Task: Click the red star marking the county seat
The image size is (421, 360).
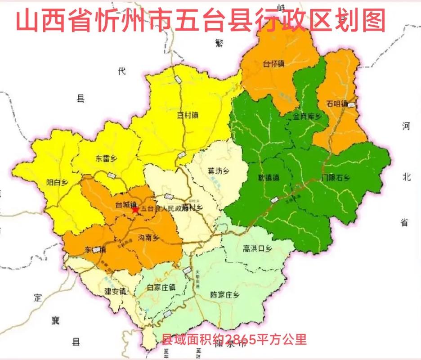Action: pos(134,210)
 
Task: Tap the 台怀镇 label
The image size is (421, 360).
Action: pos(273,64)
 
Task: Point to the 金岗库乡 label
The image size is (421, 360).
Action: pos(308,117)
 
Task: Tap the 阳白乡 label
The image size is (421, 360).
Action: pos(57,182)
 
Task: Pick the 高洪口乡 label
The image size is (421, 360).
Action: pos(257,248)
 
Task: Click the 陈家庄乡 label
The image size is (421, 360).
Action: pos(225,295)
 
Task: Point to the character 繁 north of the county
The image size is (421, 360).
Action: pos(219,43)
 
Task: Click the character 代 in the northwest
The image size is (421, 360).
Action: pos(120,71)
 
